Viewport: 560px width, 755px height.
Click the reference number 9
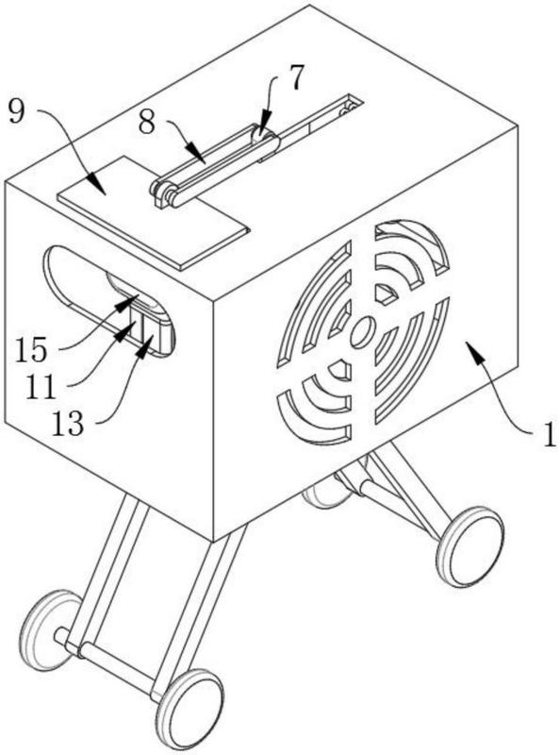point(16,112)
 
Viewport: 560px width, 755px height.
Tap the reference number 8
point(147,123)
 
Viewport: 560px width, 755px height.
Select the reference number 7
point(297,77)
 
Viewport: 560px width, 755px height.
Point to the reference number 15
point(31,349)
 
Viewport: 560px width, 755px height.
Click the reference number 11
point(41,387)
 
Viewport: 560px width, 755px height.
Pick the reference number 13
point(67,424)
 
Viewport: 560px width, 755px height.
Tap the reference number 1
point(549,435)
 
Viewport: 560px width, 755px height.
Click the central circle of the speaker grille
point(363,333)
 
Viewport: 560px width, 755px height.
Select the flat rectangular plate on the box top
point(154,211)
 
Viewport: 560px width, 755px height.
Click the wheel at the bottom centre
point(191,710)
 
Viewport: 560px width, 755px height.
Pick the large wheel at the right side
point(470,546)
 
